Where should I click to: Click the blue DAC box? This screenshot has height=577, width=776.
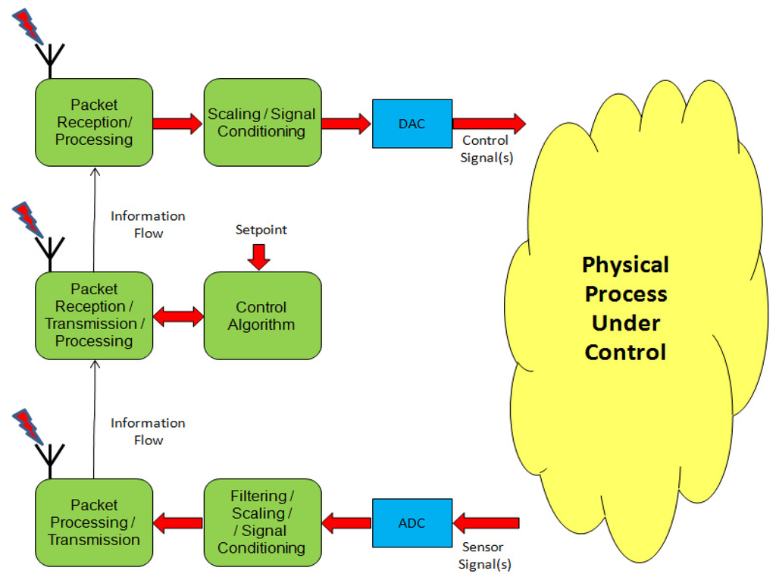(x=411, y=124)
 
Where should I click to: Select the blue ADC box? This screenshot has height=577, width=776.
(x=411, y=522)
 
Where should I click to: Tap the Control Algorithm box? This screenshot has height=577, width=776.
(x=262, y=315)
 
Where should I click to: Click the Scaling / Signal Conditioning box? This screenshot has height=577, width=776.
(x=262, y=122)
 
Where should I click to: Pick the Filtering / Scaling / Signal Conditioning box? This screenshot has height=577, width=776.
(x=262, y=522)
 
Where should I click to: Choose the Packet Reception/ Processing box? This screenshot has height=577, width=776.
(x=94, y=122)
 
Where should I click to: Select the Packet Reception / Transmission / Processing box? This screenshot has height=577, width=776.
(x=94, y=315)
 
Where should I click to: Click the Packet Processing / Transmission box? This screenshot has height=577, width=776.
(x=94, y=522)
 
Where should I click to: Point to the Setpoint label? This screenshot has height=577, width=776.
(x=261, y=230)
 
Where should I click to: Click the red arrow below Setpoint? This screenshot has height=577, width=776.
(x=259, y=256)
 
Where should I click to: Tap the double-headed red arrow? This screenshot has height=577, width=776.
(x=178, y=315)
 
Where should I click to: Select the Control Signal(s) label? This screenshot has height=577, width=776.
(x=486, y=149)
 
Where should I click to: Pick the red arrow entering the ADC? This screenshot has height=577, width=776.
(x=486, y=522)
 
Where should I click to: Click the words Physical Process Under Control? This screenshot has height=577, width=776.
(x=626, y=309)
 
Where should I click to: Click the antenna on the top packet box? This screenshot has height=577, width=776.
(x=52, y=61)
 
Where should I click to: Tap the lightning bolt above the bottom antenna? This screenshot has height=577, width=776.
(x=30, y=425)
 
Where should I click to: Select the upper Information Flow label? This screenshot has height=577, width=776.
(x=148, y=224)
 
